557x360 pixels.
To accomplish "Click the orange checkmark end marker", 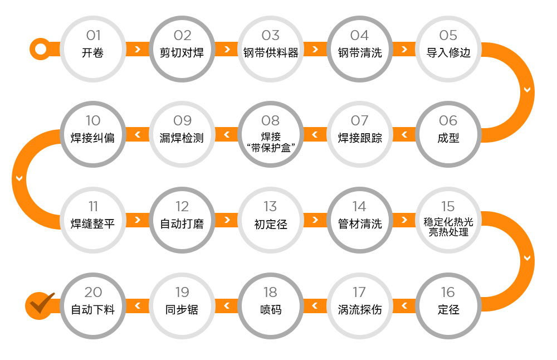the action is [x=39, y=305].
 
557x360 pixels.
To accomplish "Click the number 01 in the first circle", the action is [x=94, y=35].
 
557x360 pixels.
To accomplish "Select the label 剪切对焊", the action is [x=182, y=52].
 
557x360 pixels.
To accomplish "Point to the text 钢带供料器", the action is [x=271, y=52].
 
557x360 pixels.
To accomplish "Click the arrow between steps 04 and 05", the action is [x=404, y=49].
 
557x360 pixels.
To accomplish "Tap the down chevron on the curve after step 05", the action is [x=527, y=90].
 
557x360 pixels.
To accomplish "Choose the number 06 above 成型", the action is [x=448, y=120].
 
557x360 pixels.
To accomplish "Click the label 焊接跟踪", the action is [x=360, y=138].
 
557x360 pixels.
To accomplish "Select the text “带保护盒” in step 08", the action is [x=271, y=148].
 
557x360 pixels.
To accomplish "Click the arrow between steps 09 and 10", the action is [x=138, y=134].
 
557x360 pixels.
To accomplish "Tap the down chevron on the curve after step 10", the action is [x=19, y=178].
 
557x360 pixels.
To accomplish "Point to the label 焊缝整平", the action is [x=92, y=223].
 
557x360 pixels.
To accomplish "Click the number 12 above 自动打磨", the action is [x=182, y=207].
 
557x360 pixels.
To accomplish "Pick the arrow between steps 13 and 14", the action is [x=315, y=220].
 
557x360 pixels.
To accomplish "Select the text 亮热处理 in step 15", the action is [x=448, y=232].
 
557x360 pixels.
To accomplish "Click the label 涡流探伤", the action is [x=360, y=309].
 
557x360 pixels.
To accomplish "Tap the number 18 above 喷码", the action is [x=270, y=293].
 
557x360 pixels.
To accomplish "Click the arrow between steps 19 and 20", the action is [x=138, y=305].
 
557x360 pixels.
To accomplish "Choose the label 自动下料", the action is [x=92, y=309].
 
